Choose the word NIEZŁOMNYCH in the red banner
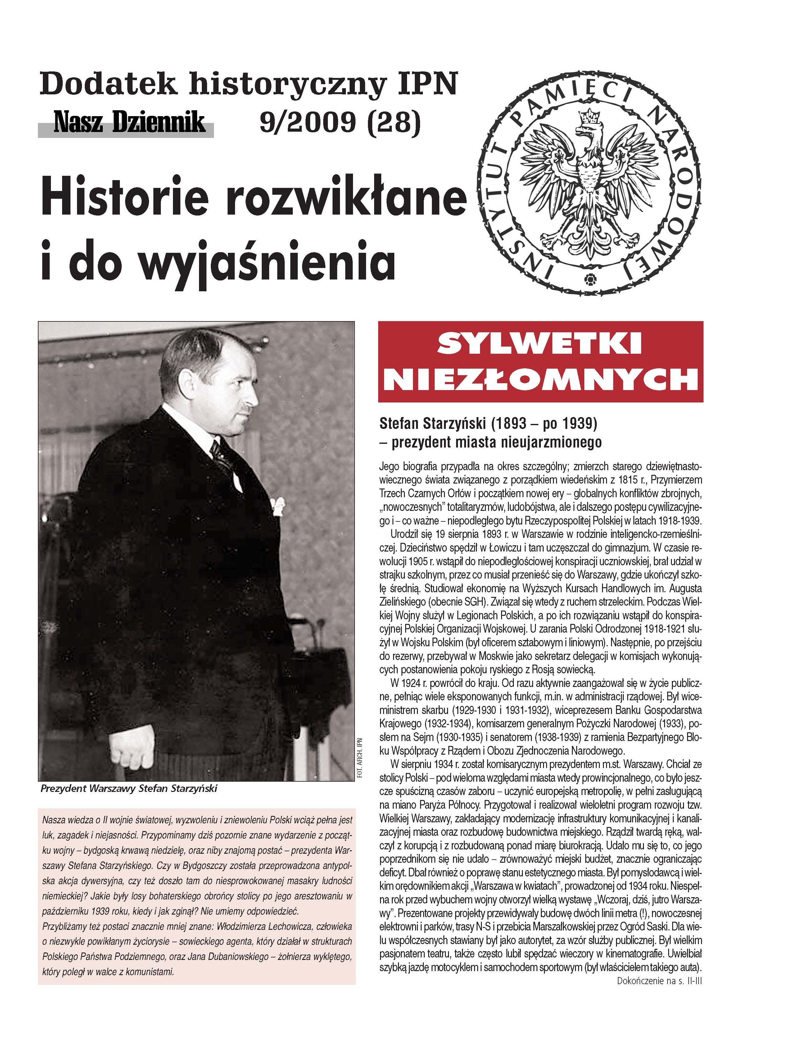point(540,380)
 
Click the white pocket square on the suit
point(277,505)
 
